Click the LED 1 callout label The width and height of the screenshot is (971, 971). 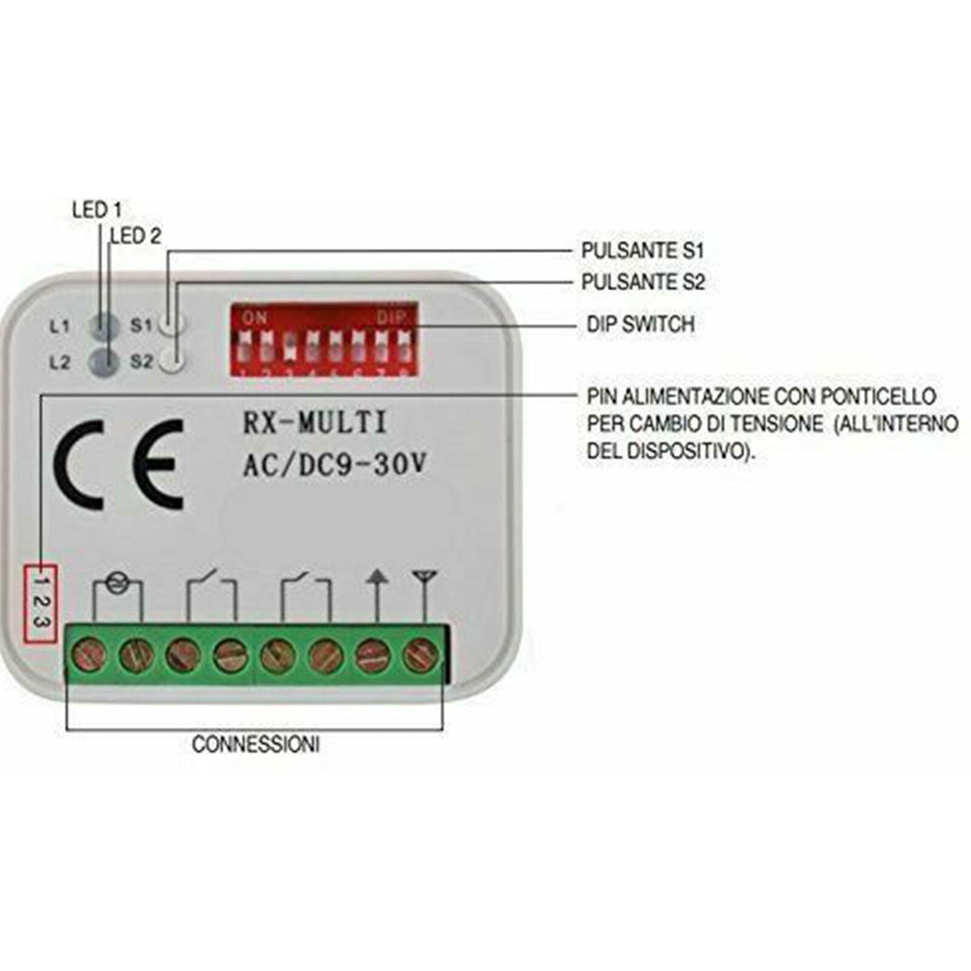click(97, 210)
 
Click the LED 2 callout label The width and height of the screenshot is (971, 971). click(137, 236)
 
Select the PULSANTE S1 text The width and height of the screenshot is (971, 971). click(643, 251)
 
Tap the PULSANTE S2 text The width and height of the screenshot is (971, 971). click(643, 282)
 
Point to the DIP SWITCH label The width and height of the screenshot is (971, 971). click(640, 324)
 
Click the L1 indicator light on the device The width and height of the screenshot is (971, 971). click(104, 326)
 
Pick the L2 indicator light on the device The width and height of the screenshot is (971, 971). click(104, 362)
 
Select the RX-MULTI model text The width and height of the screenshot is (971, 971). click(315, 423)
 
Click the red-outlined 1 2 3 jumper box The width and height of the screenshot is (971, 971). click(40, 603)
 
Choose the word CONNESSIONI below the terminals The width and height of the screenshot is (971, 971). click(255, 744)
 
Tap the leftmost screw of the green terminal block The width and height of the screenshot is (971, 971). click(90, 656)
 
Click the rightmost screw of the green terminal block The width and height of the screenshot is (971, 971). click(420, 656)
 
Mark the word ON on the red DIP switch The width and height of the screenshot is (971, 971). click(255, 317)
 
